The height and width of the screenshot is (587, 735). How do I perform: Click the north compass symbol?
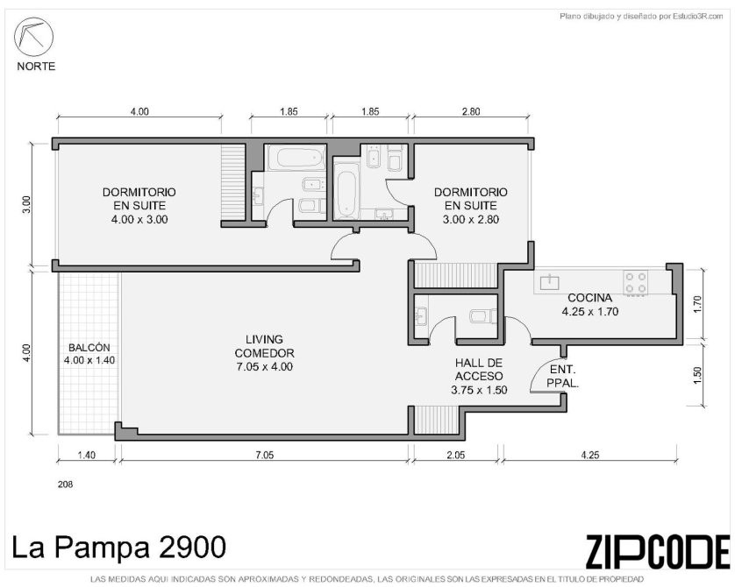pyautogui.click(x=33, y=37)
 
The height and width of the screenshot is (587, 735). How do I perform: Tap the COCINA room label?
pyautogui.click(x=589, y=298)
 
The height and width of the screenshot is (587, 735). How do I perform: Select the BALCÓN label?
pyautogui.click(x=89, y=347)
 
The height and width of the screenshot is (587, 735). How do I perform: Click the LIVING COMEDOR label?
pyautogui.click(x=264, y=346)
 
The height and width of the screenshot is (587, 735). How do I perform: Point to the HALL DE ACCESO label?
pyautogui.click(x=479, y=370)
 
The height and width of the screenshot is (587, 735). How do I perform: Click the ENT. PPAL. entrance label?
pyautogui.click(x=562, y=377)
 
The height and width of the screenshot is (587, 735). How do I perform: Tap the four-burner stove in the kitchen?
pyautogui.click(x=635, y=282)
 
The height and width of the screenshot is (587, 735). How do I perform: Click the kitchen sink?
pyautogui.click(x=549, y=282)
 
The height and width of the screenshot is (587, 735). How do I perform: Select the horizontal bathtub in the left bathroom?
pyautogui.click(x=301, y=158)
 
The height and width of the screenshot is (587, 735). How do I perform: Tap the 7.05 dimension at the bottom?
pyautogui.click(x=264, y=455)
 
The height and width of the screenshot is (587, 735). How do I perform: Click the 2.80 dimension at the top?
pyautogui.click(x=471, y=111)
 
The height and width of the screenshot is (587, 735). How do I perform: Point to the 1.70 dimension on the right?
pyautogui.click(x=698, y=304)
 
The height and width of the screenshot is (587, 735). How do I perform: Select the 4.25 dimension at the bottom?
pyautogui.click(x=589, y=455)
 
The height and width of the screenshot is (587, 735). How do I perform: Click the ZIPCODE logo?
pyautogui.click(x=658, y=552)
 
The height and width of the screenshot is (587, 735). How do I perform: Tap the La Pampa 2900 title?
pyautogui.click(x=118, y=548)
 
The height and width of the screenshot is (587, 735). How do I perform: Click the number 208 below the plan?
pyautogui.click(x=65, y=484)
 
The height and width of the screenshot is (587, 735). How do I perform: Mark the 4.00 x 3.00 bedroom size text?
pyautogui.click(x=139, y=219)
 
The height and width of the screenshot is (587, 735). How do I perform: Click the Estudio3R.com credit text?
pyautogui.click(x=698, y=17)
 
